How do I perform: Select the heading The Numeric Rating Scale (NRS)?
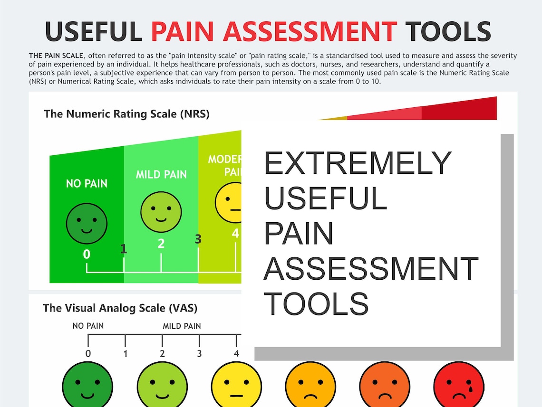126,114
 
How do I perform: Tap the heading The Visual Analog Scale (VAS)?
120,308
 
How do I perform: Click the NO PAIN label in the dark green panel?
87,183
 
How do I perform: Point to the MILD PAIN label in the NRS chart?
161,174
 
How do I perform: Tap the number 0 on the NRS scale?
87,255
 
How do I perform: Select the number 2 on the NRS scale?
161,244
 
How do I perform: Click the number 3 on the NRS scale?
198,239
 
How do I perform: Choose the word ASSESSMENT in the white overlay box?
371,268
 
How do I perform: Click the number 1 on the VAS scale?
125,353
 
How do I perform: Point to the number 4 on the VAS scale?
236,353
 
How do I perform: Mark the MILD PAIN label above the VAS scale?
182,326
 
